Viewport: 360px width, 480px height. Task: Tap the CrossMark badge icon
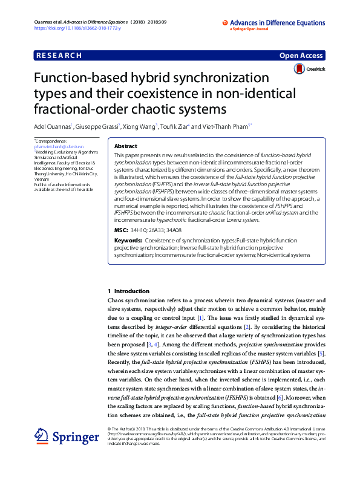click(299, 70)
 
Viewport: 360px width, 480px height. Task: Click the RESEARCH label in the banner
click(59, 56)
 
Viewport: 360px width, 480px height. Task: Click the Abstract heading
click(125, 146)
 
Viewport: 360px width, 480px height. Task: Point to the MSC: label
click(121, 231)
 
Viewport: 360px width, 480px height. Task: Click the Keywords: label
click(128, 241)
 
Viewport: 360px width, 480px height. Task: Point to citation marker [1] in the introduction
click(200, 317)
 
